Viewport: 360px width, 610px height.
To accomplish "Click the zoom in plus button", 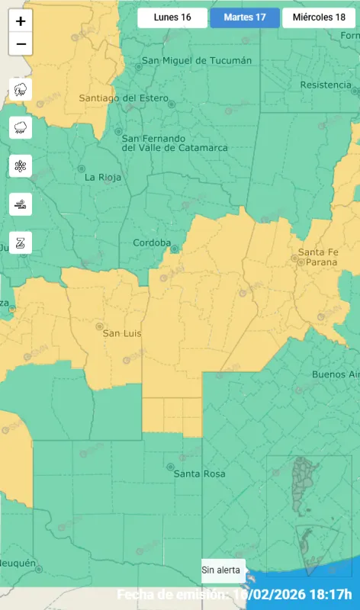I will (x=21, y=21).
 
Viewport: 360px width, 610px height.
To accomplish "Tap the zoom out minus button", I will (x=21, y=44).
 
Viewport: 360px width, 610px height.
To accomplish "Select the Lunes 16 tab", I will (x=172, y=18).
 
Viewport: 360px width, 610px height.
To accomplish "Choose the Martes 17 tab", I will (x=245, y=18).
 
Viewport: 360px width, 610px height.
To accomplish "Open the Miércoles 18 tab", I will (x=318, y=18).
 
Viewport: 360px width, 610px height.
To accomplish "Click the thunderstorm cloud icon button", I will (x=21, y=90).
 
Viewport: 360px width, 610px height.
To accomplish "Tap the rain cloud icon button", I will (x=21, y=128).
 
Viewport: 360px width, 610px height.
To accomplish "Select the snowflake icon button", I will (x=21, y=166).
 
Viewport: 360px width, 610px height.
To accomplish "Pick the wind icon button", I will (x=21, y=204).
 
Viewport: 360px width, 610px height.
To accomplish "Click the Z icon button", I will (x=21, y=242).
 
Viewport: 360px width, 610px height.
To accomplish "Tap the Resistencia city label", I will (x=326, y=85).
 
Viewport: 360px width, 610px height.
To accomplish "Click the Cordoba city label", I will (x=152, y=242).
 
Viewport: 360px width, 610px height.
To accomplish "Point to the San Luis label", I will (x=122, y=333).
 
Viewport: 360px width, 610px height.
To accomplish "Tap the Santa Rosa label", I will (x=199, y=474).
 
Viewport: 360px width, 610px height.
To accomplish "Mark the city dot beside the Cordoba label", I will (x=175, y=249).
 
